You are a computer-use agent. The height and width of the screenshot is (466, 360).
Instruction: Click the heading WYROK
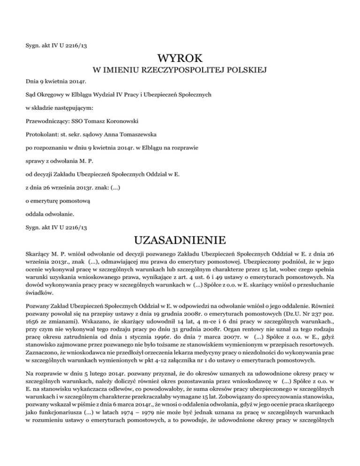point(180,59)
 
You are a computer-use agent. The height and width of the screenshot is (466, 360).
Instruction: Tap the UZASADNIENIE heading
point(180,241)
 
